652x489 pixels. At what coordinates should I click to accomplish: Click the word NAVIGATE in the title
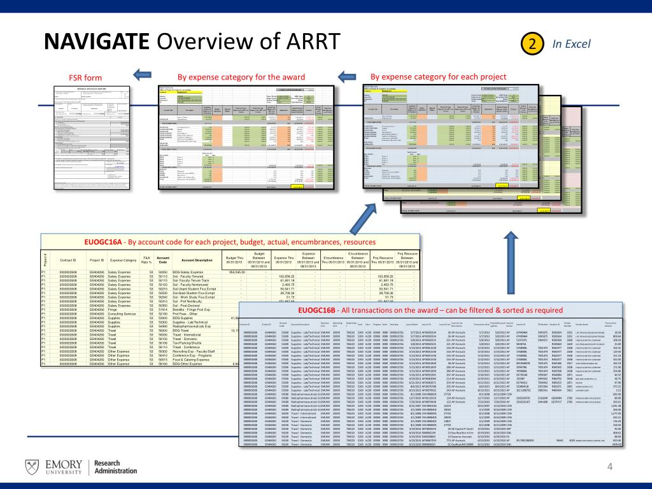pos(95,43)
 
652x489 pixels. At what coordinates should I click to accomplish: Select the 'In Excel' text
pos(571,43)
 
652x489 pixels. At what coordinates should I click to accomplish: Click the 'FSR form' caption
pos(84,78)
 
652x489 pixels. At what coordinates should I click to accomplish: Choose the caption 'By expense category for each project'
pos(438,77)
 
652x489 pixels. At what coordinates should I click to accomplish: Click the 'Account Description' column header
pos(197,260)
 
